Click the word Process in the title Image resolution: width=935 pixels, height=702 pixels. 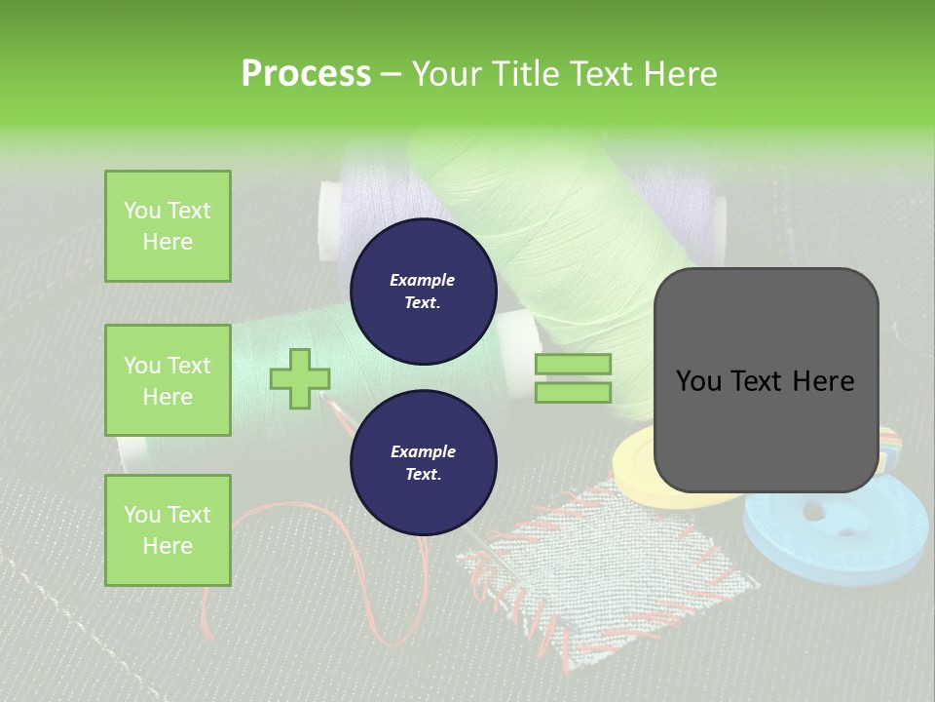point(306,74)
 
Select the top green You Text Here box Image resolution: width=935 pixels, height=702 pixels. point(168,226)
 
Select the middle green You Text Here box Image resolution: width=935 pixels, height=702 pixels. point(168,380)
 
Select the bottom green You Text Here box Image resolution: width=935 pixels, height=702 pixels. point(168,529)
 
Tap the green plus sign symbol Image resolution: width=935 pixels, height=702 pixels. point(300,378)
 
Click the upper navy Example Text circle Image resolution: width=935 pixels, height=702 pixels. point(423,291)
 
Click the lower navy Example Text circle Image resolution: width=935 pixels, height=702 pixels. point(423,462)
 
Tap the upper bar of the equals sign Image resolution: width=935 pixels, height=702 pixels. point(573,365)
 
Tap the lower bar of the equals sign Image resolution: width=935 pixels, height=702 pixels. point(573,392)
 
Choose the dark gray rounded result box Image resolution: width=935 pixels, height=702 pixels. point(766,380)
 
